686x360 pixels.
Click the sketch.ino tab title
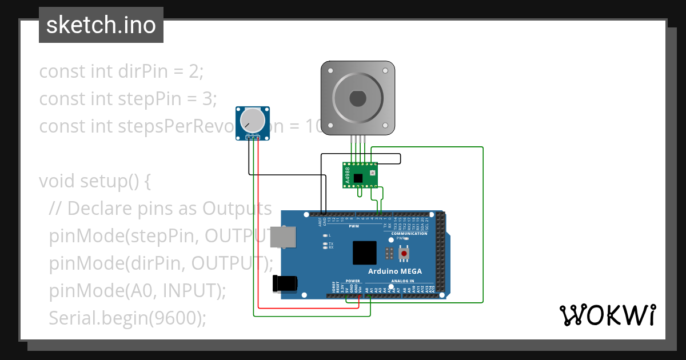pyautogui.click(x=101, y=25)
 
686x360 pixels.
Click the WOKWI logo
pyautogui.click(x=607, y=315)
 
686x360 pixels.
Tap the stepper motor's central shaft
pyautogui.click(x=358, y=98)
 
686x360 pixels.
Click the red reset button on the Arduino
pyautogui.click(x=404, y=253)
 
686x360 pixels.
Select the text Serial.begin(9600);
pyautogui.click(x=127, y=317)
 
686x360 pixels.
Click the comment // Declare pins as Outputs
pyautogui.click(x=160, y=209)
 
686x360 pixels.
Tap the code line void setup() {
pyautogui.click(x=95, y=181)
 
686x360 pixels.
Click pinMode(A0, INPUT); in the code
pyautogui.click(x=137, y=290)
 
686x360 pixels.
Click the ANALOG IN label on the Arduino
pyautogui.click(x=403, y=281)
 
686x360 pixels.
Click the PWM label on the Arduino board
pyautogui.click(x=353, y=226)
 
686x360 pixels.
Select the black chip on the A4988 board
pyautogui.click(x=358, y=178)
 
